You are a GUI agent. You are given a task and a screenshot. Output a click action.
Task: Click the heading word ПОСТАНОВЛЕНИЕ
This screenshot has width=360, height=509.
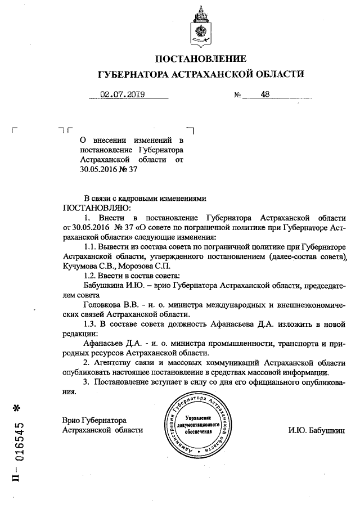click(x=201, y=58)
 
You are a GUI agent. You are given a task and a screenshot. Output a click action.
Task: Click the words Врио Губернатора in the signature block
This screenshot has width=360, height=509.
click(x=94, y=420)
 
